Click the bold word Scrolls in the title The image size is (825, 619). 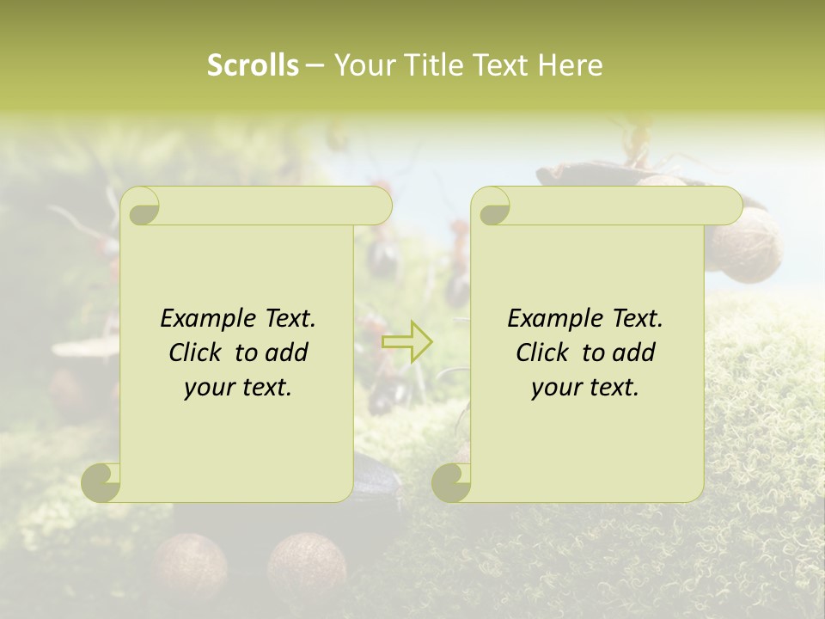[x=253, y=65]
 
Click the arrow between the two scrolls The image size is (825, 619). [x=406, y=342]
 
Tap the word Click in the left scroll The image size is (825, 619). [x=194, y=352]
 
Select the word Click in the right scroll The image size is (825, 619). [x=541, y=352]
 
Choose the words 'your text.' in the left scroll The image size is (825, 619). [x=238, y=387]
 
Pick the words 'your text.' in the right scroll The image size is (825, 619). [x=585, y=387]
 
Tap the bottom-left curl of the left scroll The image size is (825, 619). [x=101, y=481]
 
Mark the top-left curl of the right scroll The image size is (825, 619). [x=492, y=206]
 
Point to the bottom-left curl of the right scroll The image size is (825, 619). [x=451, y=481]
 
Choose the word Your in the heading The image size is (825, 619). [x=364, y=65]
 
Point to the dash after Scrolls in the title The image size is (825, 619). [x=315, y=65]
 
